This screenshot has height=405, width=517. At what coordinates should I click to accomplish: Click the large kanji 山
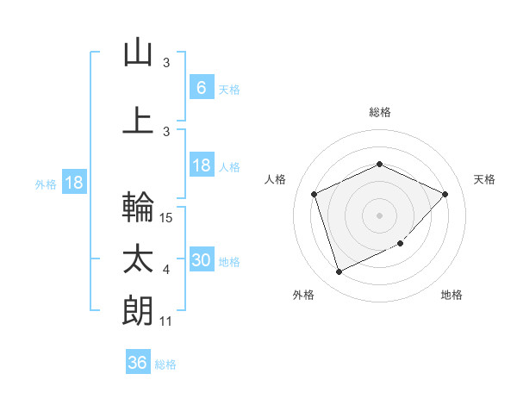(138, 53)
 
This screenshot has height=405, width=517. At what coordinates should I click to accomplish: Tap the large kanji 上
(138, 120)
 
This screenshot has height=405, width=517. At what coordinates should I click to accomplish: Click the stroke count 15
(167, 218)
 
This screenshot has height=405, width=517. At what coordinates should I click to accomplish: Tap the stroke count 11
(167, 321)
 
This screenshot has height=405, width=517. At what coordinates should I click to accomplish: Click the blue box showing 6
(201, 88)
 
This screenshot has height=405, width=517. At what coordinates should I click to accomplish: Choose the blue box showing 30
(201, 260)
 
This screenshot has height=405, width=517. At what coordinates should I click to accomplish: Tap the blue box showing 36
(137, 363)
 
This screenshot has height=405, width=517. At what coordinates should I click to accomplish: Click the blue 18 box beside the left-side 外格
(73, 183)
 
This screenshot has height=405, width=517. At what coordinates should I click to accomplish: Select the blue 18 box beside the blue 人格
(201, 165)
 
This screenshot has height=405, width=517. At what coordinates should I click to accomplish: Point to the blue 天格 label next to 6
(228, 89)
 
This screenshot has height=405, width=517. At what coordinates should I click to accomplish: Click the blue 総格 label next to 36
(165, 364)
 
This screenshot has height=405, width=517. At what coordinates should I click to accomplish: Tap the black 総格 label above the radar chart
(379, 112)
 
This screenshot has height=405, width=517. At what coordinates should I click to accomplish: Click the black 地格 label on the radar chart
(452, 295)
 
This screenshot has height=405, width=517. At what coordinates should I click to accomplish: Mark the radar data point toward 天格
(445, 194)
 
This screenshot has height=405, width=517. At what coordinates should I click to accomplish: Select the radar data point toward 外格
(339, 272)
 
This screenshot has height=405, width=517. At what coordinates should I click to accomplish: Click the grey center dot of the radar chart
(379, 215)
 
